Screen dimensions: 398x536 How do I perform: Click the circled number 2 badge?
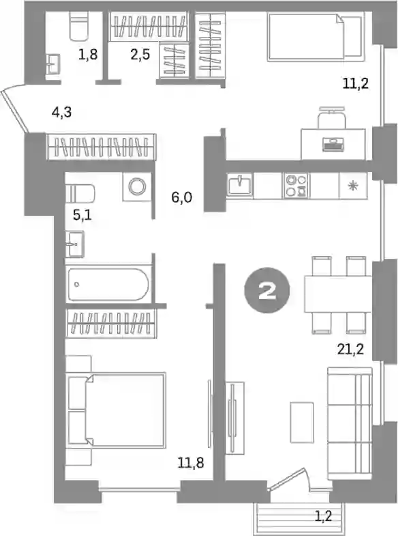(267, 290)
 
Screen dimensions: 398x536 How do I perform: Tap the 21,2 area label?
(350, 350)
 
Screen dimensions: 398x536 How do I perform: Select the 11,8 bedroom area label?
(191, 463)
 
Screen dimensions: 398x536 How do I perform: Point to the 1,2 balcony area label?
(323, 516)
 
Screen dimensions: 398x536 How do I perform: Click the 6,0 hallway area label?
(182, 197)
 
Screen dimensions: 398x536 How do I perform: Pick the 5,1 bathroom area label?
(82, 215)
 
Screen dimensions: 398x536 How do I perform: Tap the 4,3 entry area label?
(62, 112)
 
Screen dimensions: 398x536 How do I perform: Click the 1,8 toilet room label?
(88, 54)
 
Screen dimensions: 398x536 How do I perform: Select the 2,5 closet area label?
(140, 54)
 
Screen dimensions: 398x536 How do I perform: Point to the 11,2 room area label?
(356, 83)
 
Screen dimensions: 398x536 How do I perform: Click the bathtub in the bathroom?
(108, 285)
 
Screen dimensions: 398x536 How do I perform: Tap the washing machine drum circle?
(138, 186)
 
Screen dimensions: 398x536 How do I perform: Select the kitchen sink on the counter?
(240, 186)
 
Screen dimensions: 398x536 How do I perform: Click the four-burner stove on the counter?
(296, 186)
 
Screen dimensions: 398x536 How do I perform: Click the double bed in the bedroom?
(117, 410)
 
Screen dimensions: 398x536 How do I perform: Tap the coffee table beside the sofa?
(302, 423)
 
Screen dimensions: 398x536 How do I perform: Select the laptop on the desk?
(333, 144)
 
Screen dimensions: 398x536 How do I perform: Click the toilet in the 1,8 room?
(79, 26)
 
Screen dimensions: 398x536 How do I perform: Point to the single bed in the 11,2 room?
(315, 37)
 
